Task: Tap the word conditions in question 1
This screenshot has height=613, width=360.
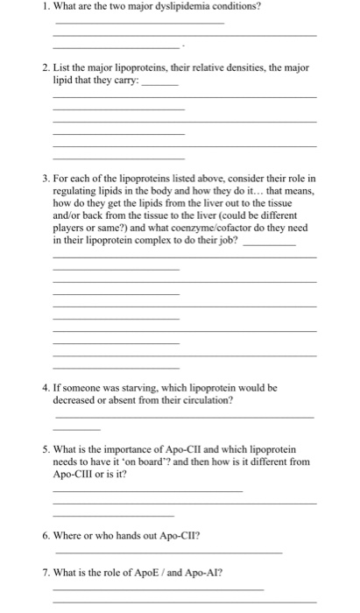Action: pos(241,7)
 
